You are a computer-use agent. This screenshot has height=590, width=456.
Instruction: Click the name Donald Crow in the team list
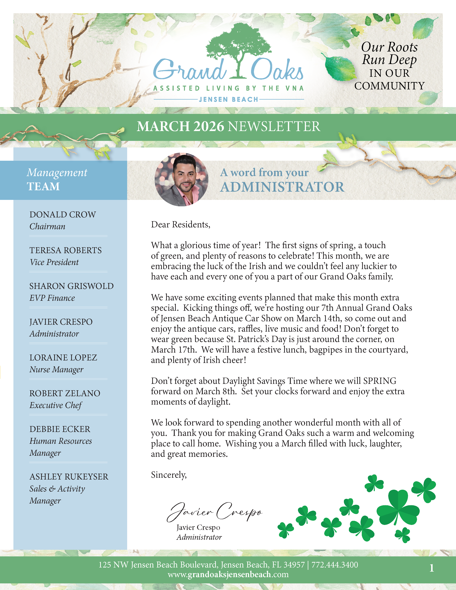[63, 215]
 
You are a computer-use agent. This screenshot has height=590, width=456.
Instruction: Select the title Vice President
[54, 262]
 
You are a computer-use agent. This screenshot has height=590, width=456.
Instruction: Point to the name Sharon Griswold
[71, 286]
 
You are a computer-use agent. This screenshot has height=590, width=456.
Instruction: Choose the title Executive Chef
[56, 405]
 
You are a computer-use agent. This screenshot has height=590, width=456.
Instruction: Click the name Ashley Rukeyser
[69, 476]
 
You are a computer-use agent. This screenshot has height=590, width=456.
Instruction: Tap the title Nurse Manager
[56, 369]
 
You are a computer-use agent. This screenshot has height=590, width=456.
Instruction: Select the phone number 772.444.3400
[335, 565]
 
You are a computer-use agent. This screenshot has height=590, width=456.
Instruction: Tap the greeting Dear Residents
[180, 225]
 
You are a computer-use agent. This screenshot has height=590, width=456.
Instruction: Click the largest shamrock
[398, 508]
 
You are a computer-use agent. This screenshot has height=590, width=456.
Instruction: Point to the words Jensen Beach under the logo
[229, 99]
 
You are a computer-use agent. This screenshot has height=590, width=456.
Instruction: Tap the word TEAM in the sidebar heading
[43, 186]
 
